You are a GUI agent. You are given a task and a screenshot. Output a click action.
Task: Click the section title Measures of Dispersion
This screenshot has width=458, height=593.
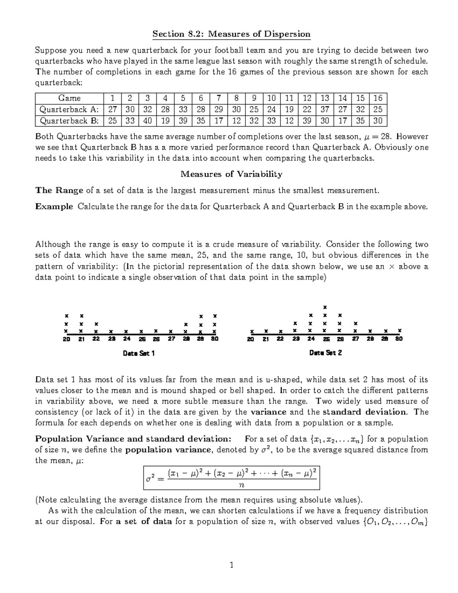click(231, 34)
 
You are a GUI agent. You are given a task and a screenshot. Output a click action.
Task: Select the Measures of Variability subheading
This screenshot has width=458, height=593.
click(231, 174)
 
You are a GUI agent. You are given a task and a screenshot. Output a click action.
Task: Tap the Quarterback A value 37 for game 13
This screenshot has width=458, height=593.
click(325, 110)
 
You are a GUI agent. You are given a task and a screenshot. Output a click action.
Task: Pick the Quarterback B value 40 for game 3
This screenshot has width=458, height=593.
click(147, 121)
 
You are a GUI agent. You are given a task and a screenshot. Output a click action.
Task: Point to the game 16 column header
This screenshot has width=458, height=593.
click(378, 98)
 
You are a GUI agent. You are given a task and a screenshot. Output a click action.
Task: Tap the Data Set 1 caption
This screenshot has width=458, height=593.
click(139, 353)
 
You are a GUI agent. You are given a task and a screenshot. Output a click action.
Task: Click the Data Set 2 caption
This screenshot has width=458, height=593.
click(325, 353)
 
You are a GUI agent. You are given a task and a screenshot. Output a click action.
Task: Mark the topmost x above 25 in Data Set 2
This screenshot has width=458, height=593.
click(325, 307)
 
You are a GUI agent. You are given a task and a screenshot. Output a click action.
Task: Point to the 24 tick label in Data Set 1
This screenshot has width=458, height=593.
click(126, 339)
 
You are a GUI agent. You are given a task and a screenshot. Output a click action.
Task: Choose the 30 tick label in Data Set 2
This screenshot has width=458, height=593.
click(399, 339)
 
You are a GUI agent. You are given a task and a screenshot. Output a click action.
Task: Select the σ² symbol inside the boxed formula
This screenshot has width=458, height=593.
click(150, 477)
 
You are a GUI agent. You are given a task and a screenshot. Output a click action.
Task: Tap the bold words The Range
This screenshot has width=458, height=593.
click(59, 190)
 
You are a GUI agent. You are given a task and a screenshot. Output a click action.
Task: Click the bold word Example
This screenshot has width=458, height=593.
click(54, 207)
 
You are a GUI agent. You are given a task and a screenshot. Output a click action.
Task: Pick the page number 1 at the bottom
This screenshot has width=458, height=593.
click(231, 565)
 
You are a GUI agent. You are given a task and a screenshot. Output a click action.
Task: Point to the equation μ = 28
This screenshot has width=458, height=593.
click(380, 137)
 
